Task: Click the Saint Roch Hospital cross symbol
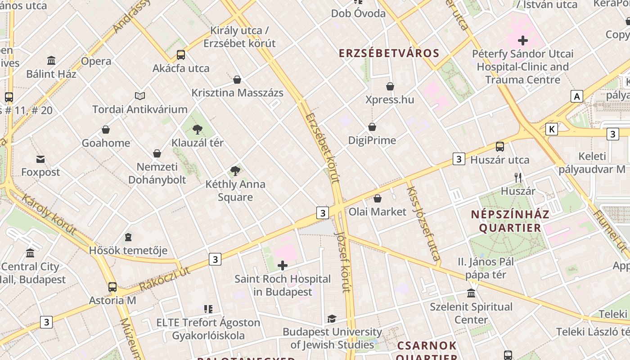point(283,265)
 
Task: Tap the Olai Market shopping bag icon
point(378,198)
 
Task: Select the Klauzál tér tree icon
point(197,130)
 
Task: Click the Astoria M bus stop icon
point(112,287)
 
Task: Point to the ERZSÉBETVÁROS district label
point(389,53)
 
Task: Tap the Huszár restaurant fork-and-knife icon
point(518,178)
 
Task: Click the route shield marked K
point(551,130)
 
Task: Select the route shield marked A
point(576,96)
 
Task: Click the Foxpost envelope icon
point(40,159)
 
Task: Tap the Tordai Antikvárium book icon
point(140,96)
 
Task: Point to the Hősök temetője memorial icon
point(128,237)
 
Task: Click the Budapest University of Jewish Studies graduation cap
point(332,319)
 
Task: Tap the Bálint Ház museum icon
point(51,61)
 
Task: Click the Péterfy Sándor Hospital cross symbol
point(522,40)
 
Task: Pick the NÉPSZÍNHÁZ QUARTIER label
point(510,220)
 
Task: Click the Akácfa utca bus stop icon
point(180,55)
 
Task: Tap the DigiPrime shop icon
point(372,127)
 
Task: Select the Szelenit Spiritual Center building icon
point(471,293)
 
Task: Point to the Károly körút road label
point(49,215)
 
